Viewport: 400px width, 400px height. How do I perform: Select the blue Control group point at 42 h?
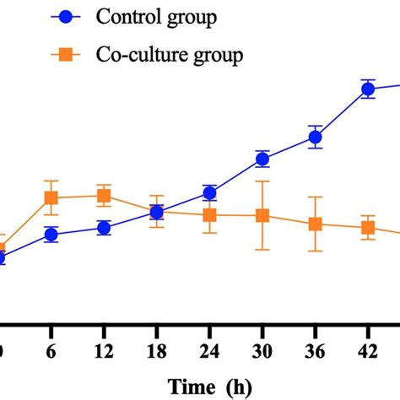(x=368, y=90)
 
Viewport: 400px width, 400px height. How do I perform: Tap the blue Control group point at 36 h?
(x=315, y=137)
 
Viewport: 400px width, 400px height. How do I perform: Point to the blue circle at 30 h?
(x=262, y=159)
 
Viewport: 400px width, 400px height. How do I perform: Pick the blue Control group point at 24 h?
(x=209, y=193)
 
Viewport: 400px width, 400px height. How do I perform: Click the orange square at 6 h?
(x=51, y=198)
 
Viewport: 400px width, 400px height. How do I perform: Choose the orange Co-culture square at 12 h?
(x=104, y=196)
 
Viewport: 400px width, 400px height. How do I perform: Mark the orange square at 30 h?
(x=262, y=216)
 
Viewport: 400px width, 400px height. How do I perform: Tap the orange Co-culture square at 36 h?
(x=315, y=224)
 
